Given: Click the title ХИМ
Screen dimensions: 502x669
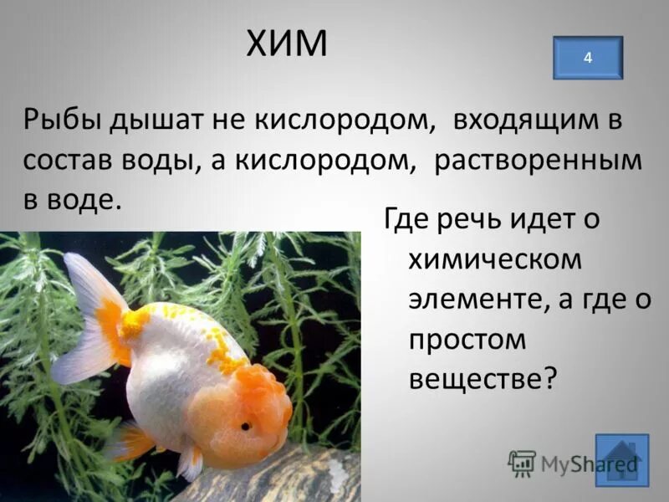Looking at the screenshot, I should click(x=287, y=44).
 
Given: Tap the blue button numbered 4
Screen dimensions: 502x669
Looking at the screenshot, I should click(x=588, y=58).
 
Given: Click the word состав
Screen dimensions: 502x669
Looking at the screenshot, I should click(x=68, y=160).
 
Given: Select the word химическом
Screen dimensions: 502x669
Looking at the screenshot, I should click(x=494, y=261).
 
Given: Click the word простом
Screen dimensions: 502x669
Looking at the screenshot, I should click(x=468, y=340).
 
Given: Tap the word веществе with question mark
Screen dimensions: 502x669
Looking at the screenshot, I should click(x=483, y=379).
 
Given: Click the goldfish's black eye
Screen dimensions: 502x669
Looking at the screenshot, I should click(x=247, y=426).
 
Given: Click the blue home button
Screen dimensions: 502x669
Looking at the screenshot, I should click(x=621, y=461).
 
